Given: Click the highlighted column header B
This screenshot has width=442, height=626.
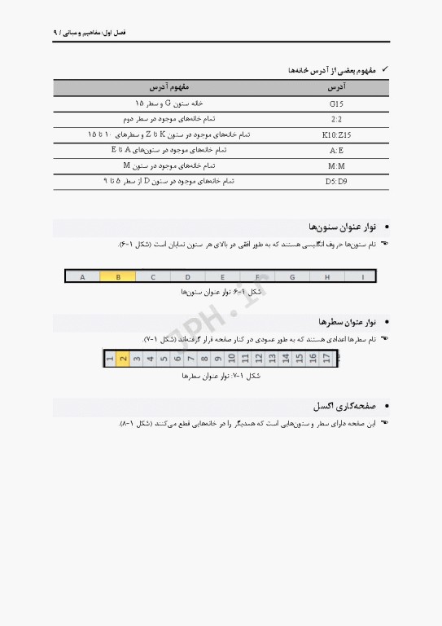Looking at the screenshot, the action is (x=118, y=276).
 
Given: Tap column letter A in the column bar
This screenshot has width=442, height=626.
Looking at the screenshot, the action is (x=82, y=276).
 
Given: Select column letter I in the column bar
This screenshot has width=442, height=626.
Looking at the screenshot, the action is (x=361, y=276).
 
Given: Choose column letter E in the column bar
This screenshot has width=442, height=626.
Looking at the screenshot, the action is (x=222, y=276).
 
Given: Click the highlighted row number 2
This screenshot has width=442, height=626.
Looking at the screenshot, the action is (x=123, y=358).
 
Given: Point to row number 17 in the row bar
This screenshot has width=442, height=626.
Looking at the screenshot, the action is (x=326, y=358).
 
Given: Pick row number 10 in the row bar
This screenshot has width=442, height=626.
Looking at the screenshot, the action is (x=231, y=358).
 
